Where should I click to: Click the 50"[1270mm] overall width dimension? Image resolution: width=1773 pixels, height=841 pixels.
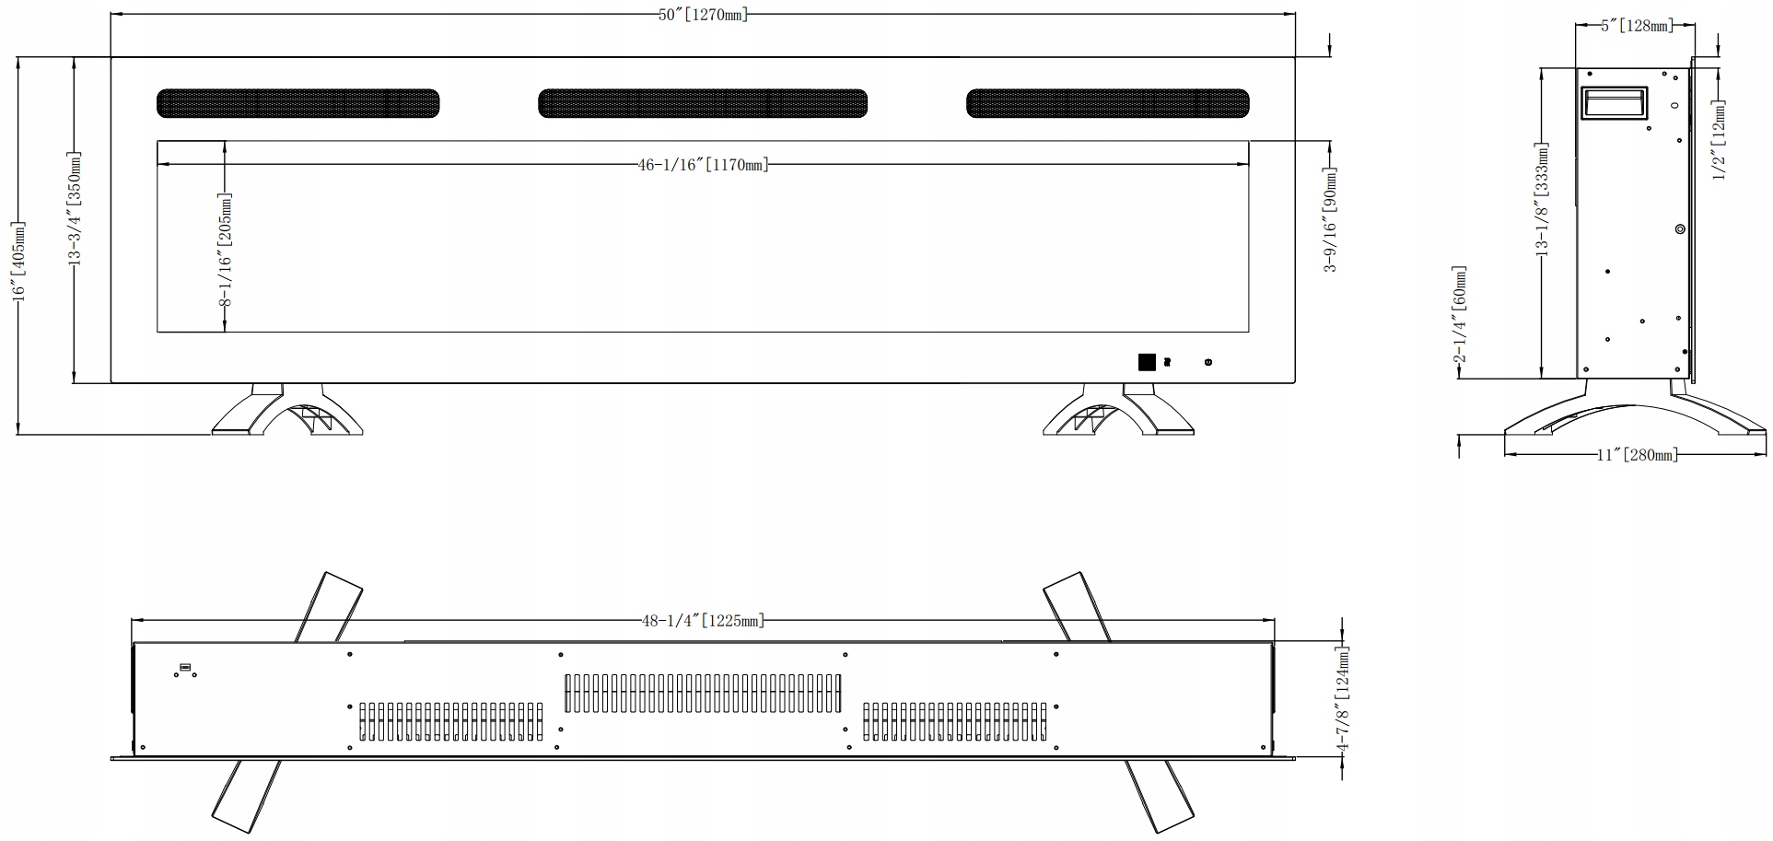click(703, 15)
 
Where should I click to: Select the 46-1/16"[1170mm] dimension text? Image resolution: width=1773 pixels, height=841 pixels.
click(703, 165)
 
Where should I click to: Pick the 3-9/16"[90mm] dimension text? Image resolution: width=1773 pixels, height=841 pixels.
click(1330, 219)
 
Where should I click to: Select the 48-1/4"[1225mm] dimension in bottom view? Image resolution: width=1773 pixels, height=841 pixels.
click(703, 620)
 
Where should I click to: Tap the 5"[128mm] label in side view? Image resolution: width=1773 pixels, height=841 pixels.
click(1636, 26)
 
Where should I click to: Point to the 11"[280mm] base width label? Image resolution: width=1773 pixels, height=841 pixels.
click(1636, 455)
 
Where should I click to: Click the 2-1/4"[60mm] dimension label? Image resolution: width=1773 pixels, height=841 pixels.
click(1459, 315)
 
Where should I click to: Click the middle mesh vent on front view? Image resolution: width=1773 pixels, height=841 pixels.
click(703, 103)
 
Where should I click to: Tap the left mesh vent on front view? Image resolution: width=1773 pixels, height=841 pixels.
click(297, 103)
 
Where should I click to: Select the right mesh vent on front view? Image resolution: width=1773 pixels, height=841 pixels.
click(1107, 103)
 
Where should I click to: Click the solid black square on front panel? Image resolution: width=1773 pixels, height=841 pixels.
click(1147, 362)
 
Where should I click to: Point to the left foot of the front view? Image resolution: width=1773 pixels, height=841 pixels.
click(287, 412)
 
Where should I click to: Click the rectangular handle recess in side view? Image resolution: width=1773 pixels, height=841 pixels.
click(1614, 102)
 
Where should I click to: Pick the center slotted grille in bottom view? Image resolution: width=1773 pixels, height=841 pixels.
click(703, 693)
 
